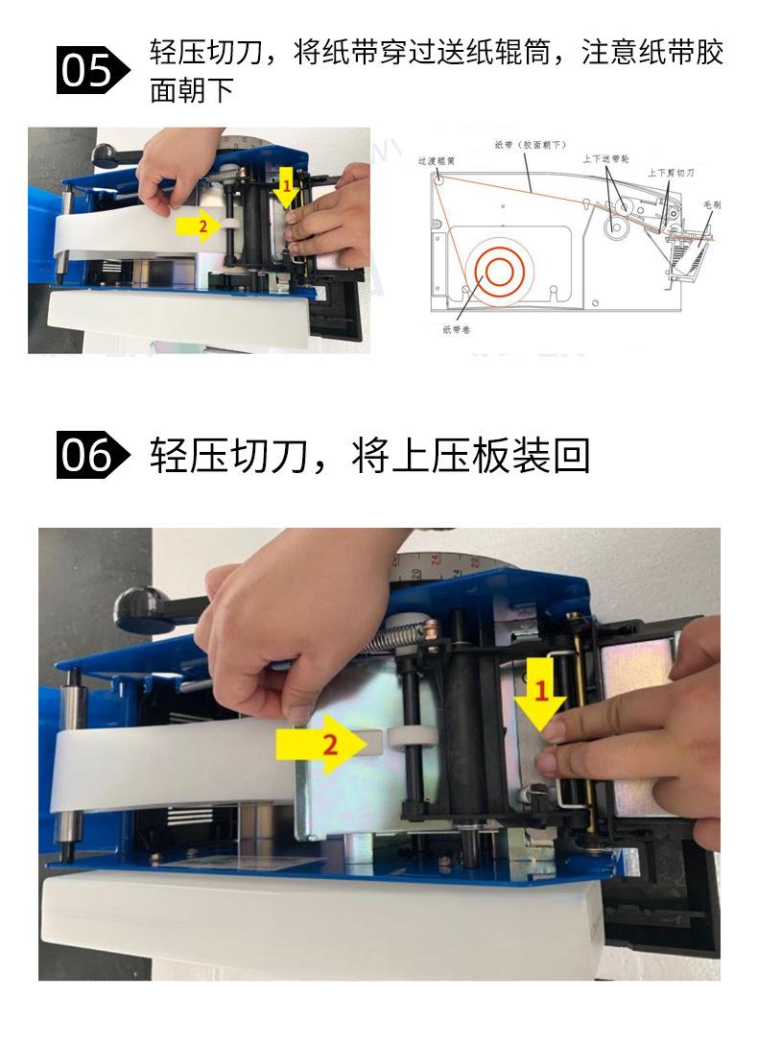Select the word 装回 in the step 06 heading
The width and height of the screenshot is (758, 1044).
550,457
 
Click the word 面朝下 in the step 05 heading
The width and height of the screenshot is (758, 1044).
193,91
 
